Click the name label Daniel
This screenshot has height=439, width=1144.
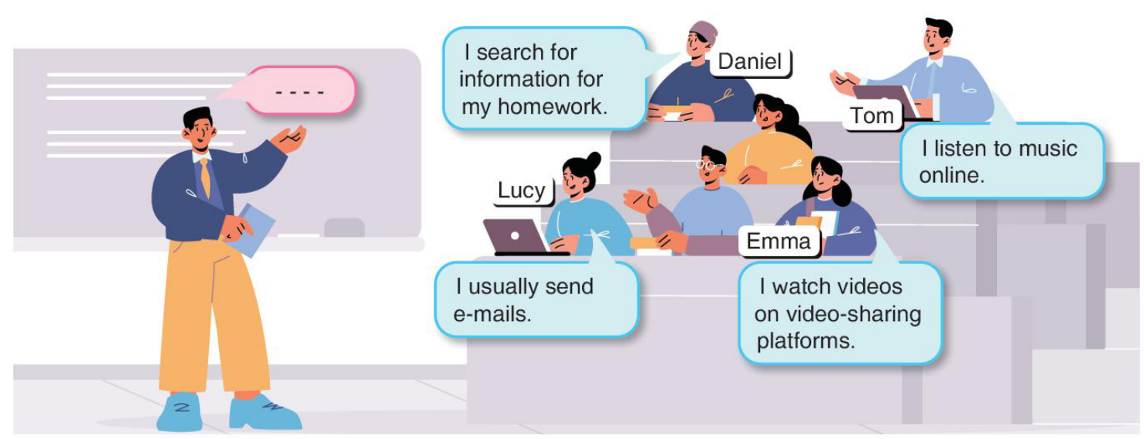point(750,63)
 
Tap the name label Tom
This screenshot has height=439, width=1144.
point(872,116)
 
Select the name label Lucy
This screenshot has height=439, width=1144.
point(522,190)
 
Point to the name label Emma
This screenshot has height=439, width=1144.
point(779,242)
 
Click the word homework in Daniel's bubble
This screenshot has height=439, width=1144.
point(553,107)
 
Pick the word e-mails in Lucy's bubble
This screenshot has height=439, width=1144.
point(492,314)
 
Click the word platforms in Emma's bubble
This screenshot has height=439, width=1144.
point(806,341)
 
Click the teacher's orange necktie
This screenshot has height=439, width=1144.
point(205,177)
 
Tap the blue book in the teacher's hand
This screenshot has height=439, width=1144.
point(250,230)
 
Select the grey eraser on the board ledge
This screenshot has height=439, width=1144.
point(344,228)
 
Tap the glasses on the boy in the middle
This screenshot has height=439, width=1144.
point(709,165)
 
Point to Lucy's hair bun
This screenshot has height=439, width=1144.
point(593,161)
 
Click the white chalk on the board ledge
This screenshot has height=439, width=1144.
point(298,235)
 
